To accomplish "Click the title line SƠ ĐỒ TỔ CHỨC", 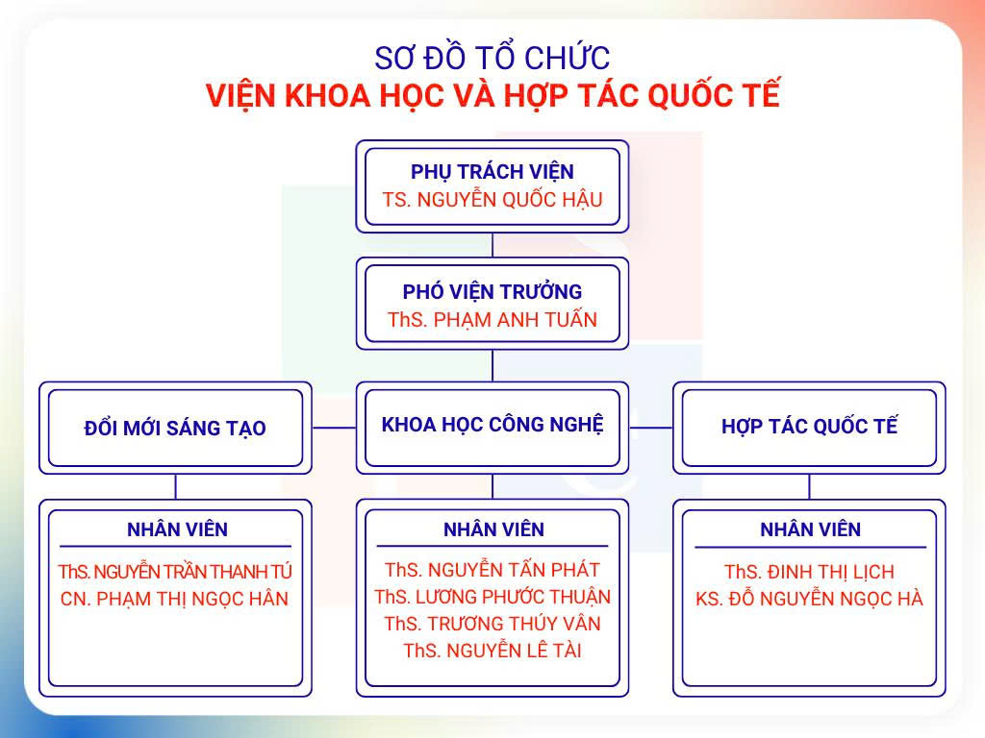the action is coord(492,58).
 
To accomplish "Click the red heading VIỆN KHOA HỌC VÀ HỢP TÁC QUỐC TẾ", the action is coord(492,95).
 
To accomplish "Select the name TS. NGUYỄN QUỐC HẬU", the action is coord(492,200).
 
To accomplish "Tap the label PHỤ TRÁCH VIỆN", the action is coord(492,171).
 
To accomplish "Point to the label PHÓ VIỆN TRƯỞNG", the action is coord(492,292).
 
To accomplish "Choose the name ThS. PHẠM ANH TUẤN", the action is coord(492,319).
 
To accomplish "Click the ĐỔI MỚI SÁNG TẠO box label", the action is coord(175,428).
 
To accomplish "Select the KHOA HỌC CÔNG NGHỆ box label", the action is coord(492,425).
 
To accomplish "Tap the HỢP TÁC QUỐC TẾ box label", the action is coord(809,426).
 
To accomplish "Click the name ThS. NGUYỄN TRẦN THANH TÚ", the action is coord(175,572).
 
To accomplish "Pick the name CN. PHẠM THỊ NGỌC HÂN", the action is coord(175,599).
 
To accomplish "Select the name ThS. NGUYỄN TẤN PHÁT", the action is coord(492,570).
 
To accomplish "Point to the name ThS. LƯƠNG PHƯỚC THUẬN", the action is coord(492,597).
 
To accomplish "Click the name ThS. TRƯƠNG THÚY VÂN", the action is coord(492,624).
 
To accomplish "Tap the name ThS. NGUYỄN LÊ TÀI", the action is coord(492,651).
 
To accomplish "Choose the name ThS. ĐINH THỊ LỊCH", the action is coord(809,572).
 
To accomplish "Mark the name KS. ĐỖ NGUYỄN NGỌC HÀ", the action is coord(809,599).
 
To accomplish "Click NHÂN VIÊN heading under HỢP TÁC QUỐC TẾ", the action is coord(810,529).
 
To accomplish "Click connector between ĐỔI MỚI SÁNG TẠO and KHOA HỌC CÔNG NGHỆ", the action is coord(334,428).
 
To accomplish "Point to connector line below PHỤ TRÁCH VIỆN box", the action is coord(492,245).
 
